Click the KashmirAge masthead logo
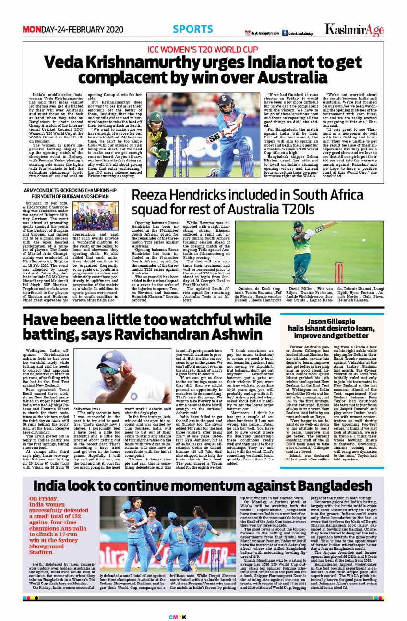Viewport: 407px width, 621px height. point(354,30)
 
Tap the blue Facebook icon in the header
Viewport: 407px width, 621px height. point(284,33)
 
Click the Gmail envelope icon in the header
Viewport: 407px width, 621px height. point(248,33)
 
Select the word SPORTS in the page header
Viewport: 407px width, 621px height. point(193,29)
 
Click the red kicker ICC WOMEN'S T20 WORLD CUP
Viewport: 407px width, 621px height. point(203,49)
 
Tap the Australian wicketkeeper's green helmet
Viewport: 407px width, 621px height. point(156,117)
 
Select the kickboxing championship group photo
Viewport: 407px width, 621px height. point(96,216)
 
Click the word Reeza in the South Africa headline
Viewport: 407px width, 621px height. point(150,196)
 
